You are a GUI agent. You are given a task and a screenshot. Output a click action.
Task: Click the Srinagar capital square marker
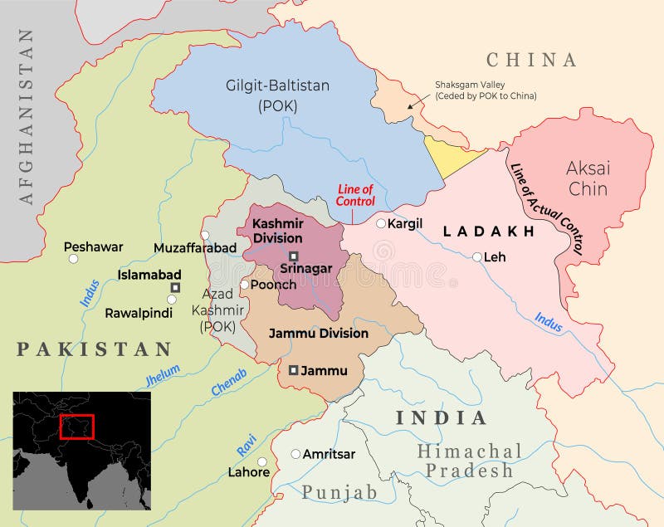click(x=293, y=256)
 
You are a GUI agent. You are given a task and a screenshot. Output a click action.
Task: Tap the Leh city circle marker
click(x=477, y=257)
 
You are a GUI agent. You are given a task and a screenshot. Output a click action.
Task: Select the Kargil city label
click(x=405, y=223)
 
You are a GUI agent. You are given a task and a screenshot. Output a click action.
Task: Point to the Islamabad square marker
click(x=175, y=287)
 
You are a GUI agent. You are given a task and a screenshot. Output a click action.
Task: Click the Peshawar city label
click(x=93, y=246)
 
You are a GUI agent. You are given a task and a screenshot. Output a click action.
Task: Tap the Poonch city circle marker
click(x=244, y=285)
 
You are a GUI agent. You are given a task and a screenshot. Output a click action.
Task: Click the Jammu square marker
click(x=293, y=370)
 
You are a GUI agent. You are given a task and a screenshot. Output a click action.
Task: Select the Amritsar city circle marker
click(x=295, y=454)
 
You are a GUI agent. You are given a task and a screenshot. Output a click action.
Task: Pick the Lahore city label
click(x=248, y=472)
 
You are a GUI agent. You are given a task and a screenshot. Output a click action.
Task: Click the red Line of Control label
click(x=355, y=195)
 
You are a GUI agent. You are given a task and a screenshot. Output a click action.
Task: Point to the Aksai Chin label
click(x=588, y=178)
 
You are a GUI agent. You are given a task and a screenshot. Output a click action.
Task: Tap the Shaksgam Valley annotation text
click(x=486, y=90)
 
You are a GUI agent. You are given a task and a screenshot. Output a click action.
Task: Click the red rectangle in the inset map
click(x=77, y=427)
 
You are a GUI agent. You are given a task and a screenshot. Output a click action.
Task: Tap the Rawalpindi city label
click(x=139, y=314)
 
